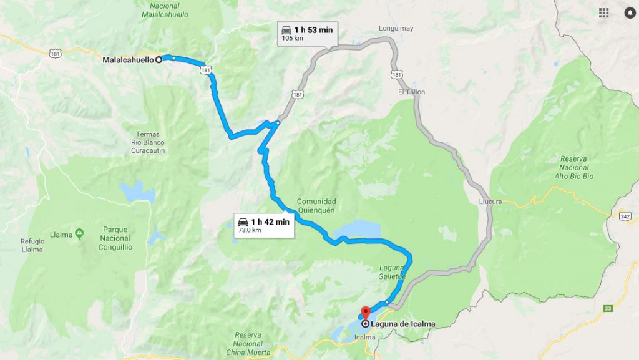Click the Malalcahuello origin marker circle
pyautogui.click(x=159, y=60)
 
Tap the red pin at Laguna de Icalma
pyautogui.click(x=366, y=311)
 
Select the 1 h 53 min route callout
pyautogui.click(x=307, y=32)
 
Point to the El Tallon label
pyautogui.click(x=411, y=92)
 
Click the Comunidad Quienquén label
pyautogui.click(x=316, y=206)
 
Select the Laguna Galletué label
pyautogui.click(x=393, y=272)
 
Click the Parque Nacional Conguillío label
pyautogui.click(x=115, y=238)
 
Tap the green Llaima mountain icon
pyautogui.click(x=79, y=233)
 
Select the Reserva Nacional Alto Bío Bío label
pyautogui.click(x=573, y=168)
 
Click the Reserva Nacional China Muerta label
pyautogui.click(x=248, y=343)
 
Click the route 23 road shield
pyautogui.click(x=608, y=308)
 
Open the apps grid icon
pyautogui.click(x=603, y=12)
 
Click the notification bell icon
pyautogui.click(x=629, y=12)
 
